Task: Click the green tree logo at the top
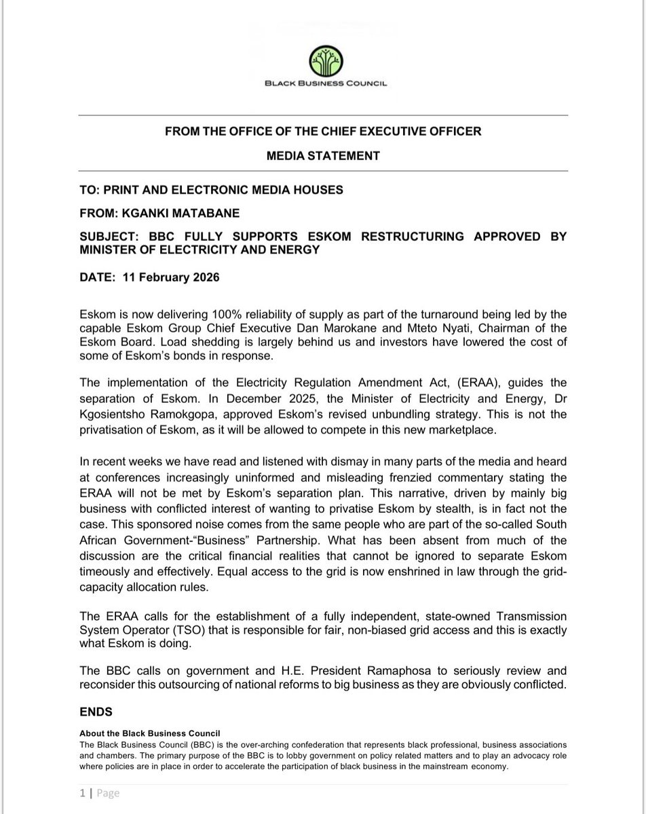[323, 60]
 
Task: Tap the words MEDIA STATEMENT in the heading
[323, 156]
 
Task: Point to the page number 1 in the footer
[81, 793]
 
